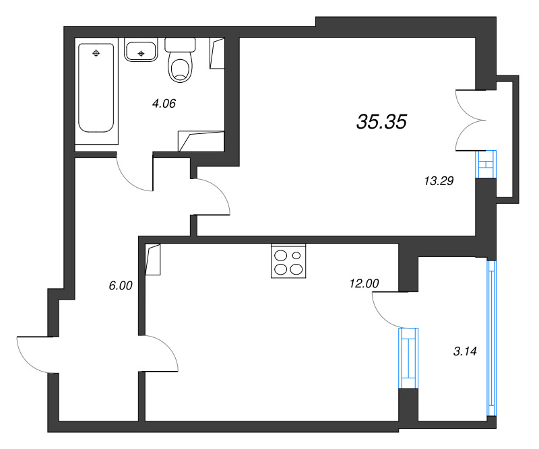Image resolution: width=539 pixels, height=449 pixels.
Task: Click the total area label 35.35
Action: pos(382,122)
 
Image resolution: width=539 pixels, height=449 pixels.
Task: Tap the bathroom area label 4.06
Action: pos(164,104)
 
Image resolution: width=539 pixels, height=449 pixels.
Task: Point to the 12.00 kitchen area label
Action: pos(364,284)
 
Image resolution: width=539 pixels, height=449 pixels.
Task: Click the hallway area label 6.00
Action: pos(121,285)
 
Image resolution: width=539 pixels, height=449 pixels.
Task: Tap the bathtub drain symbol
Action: pos(96,53)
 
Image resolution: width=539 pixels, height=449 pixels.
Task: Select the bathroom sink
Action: pos(141,51)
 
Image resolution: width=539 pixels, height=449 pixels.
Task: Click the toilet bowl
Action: pos(179,67)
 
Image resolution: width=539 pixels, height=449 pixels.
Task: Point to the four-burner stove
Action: pos(288,261)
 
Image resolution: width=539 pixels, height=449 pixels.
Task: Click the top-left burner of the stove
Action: pos(280,255)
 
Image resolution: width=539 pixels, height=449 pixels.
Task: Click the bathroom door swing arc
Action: pos(135,175)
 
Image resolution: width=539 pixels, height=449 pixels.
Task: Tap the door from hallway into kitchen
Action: pos(160,353)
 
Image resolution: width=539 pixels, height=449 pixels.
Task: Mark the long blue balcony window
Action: pos(491,337)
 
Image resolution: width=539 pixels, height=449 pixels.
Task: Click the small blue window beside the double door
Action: pos(486,164)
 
